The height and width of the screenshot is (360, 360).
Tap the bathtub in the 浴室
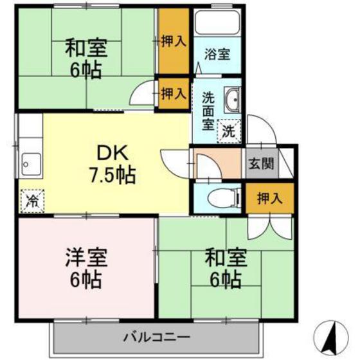pyautogui.click(x=216, y=25)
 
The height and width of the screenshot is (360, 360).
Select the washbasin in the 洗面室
pyautogui.click(x=232, y=100)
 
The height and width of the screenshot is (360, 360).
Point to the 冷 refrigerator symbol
pyautogui.click(x=31, y=201)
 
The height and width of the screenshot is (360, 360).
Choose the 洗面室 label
pyautogui.click(x=208, y=111)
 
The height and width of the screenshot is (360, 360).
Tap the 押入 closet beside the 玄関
pyautogui.click(x=269, y=197)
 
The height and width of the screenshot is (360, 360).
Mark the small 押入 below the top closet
pyautogui.click(x=174, y=93)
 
